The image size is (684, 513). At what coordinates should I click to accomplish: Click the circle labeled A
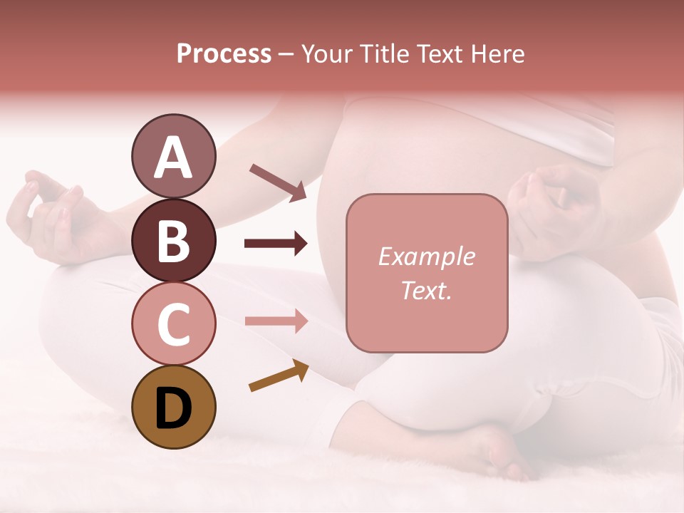pos(173,156)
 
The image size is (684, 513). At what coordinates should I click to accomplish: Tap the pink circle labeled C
pos(173,323)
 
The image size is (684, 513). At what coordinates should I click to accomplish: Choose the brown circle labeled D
pos(173,407)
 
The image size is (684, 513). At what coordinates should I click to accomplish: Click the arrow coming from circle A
pos(278,182)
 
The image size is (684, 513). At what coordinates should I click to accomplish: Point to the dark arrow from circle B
pos(276,244)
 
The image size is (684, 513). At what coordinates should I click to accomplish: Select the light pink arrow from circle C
pos(276,321)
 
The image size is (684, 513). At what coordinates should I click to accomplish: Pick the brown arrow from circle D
pos(279,375)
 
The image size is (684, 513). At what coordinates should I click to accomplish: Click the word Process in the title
pos(224,53)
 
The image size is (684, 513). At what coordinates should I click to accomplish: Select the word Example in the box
pos(426,256)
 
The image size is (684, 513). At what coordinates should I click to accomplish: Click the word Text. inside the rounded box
pos(426,290)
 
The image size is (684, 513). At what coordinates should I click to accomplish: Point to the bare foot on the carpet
pos(492,452)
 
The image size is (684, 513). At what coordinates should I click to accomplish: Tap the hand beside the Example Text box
pos(552,207)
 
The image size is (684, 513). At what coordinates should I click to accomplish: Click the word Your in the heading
pos(328,53)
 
